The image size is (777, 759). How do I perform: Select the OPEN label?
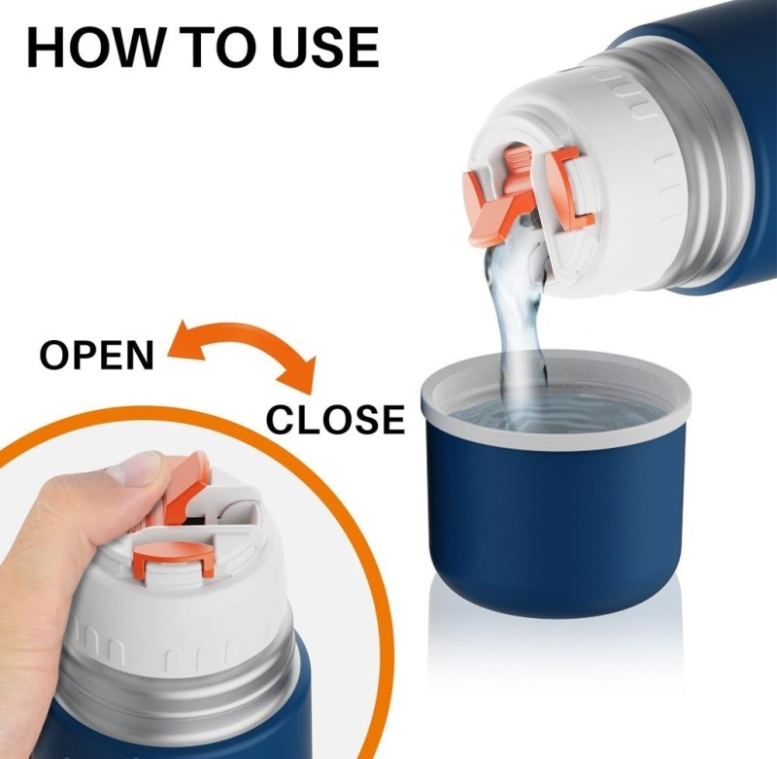(96, 355)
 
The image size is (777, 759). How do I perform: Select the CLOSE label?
(335, 419)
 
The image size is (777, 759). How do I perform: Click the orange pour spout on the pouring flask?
(495, 208)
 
